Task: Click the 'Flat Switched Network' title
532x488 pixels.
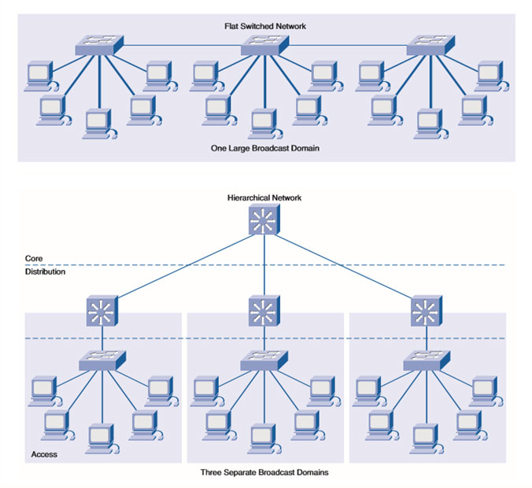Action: coord(264,26)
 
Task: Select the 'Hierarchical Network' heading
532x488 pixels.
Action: coord(264,198)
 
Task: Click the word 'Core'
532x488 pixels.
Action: coord(32,257)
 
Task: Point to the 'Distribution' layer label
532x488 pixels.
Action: coord(44,272)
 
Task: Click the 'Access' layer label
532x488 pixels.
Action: coord(44,454)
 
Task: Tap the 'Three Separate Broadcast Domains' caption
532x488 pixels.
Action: coord(264,473)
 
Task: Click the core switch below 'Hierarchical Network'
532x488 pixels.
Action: coord(264,223)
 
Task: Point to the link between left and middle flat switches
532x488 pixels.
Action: coord(181,46)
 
